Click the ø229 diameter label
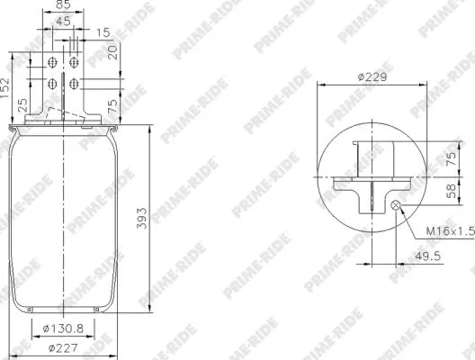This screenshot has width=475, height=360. pos(372,76)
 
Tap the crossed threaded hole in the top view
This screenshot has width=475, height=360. pos(397,206)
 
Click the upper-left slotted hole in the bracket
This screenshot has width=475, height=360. pos(52,63)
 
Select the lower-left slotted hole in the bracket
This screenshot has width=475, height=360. pos(52,85)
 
